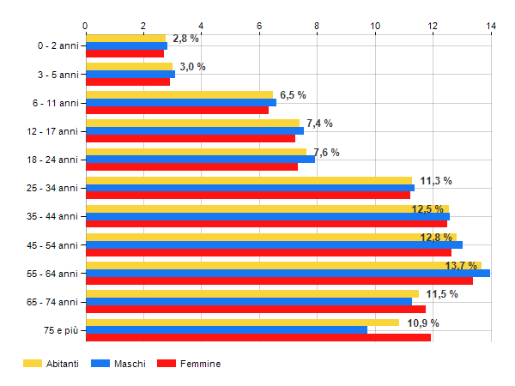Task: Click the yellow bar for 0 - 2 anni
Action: pyautogui.click(x=125, y=38)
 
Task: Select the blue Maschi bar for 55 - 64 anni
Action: pyautogui.click(x=288, y=274)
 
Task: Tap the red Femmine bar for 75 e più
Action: pyautogui.click(x=257, y=338)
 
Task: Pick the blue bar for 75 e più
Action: pyautogui.click(x=227, y=330)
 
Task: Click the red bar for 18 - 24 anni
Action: pyautogui.click(x=191, y=166)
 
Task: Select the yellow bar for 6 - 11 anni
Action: pyautogui.click(x=179, y=94)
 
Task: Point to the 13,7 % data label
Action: pyautogui.click(x=461, y=266)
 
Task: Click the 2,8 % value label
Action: pyautogui.click(x=185, y=39)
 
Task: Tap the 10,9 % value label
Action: pyautogui.click(x=422, y=323)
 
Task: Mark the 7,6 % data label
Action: pyautogui.click(x=326, y=153)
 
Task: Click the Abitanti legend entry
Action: pyautogui.click(x=51, y=364)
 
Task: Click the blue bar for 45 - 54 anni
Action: pyautogui.click(x=274, y=244)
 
